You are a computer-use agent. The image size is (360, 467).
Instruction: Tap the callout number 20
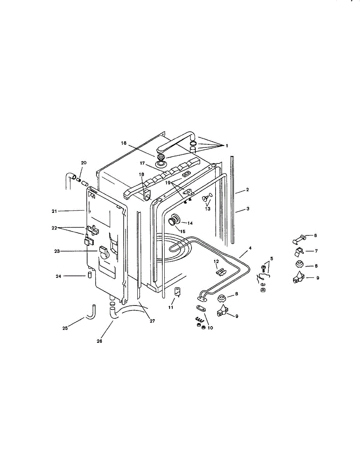84,163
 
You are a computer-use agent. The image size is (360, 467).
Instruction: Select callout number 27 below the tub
153,321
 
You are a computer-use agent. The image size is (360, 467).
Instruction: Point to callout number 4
250,248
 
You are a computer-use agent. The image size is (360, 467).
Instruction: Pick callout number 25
65,328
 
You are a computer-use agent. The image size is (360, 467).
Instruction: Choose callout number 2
247,190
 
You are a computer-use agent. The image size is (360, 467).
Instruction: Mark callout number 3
247,209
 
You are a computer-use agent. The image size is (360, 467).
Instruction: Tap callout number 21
54,211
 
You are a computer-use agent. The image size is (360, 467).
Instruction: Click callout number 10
211,328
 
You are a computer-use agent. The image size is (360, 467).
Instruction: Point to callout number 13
207,209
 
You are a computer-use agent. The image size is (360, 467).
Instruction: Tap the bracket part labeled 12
221,271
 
